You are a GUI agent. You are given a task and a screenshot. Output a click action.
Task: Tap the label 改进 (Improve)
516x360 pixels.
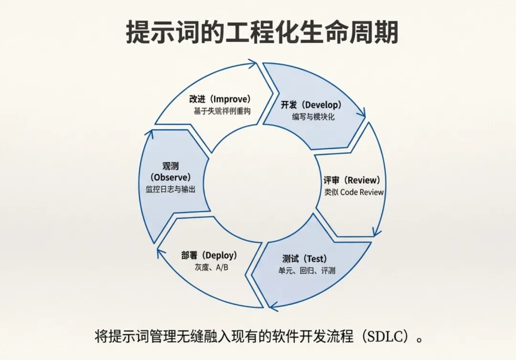(220, 99)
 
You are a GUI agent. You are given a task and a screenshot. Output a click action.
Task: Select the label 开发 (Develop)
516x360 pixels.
(313, 105)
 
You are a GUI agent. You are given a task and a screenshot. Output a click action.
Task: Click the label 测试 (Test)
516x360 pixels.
(304, 259)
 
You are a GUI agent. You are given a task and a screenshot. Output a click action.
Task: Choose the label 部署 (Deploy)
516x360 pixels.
(209, 255)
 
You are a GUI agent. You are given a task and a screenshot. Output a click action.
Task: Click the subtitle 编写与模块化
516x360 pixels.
(313, 116)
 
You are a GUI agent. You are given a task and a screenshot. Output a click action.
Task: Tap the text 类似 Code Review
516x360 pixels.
(354, 192)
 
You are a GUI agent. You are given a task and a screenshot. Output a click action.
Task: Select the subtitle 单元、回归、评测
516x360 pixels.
(307, 271)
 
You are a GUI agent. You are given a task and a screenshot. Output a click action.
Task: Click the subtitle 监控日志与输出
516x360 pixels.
(171, 189)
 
